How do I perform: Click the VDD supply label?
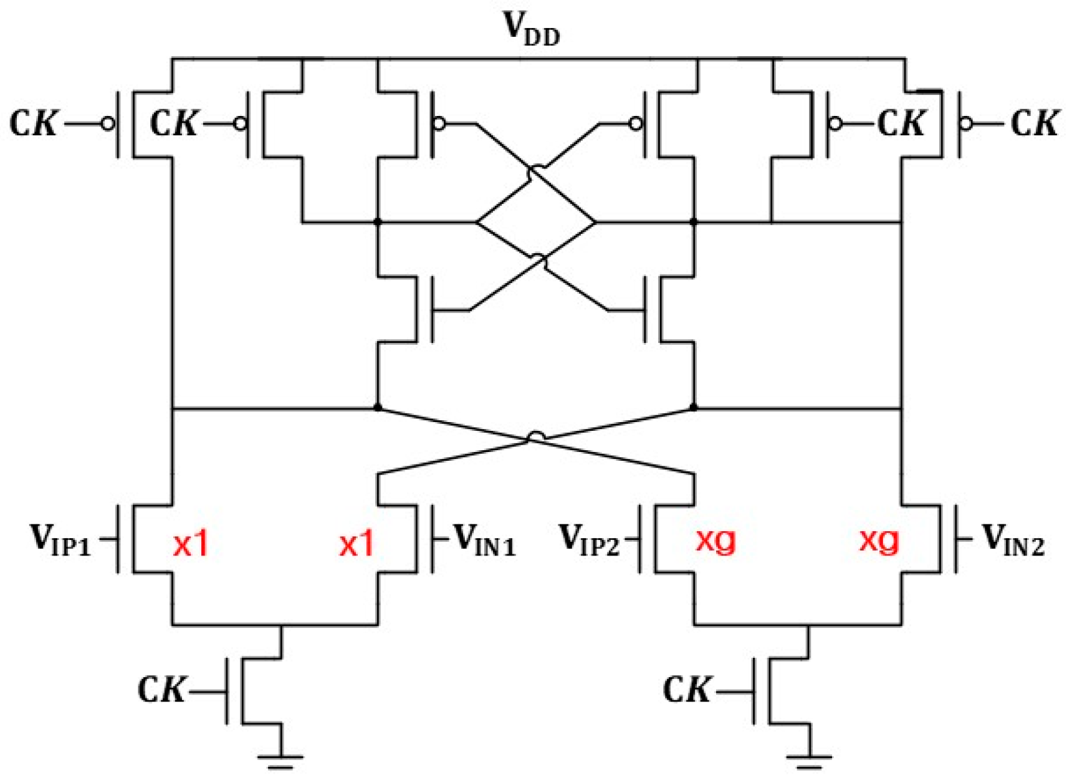click(532, 28)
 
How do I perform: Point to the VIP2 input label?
click(589, 540)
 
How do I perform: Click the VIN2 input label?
click(1013, 540)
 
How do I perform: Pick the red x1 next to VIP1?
click(190, 544)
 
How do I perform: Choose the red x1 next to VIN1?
click(356, 544)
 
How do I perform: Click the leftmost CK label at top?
click(34, 124)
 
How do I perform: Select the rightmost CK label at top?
click(1034, 124)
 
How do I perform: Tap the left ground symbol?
click(280, 761)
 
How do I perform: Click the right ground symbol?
click(809, 761)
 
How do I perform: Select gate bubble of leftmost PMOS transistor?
click(108, 124)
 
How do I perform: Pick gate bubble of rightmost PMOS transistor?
click(966, 124)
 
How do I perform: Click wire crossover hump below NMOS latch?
click(535, 437)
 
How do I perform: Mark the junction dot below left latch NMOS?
click(377, 407)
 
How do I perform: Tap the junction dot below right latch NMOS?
click(694, 407)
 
